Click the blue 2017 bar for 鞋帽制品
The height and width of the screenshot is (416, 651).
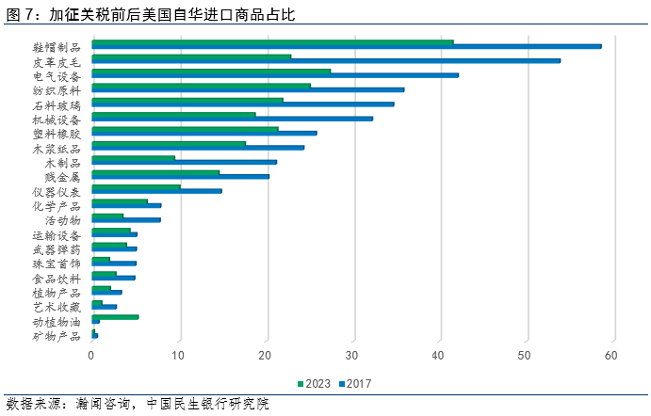coord(346,46)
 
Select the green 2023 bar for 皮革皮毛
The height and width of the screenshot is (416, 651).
coord(191,56)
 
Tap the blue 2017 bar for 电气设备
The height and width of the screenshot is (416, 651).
coord(274,75)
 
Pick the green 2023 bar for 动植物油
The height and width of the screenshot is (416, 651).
coord(115,317)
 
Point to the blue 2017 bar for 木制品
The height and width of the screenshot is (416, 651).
coord(184,162)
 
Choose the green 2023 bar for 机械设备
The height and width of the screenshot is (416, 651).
coord(173,115)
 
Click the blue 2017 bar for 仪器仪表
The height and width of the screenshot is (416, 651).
coord(156,191)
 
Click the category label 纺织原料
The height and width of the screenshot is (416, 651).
coord(57,90)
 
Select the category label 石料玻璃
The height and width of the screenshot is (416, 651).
coord(57,105)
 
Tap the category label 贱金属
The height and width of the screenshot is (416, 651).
coord(63,177)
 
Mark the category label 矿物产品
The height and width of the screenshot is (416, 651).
coord(57,336)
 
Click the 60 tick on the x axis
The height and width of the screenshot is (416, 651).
coord(611,356)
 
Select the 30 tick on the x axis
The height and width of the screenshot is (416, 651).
coord(351,356)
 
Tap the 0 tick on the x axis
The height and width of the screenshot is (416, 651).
coord(91,356)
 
